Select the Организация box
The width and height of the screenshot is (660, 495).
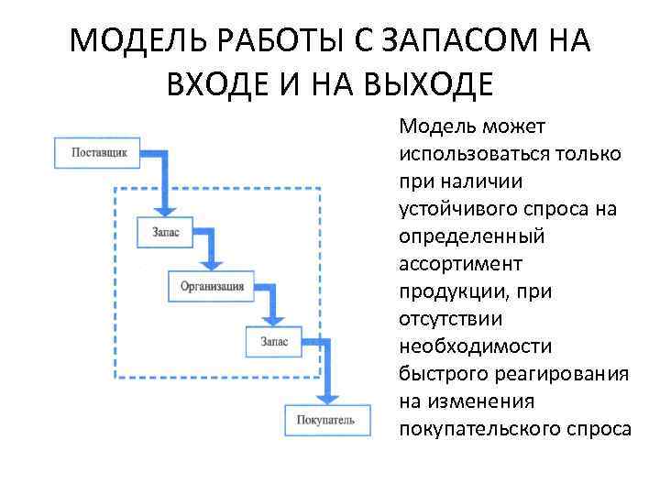[212, 286]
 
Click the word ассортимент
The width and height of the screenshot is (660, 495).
[460, 264]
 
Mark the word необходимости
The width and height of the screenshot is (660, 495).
[476, 346]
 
